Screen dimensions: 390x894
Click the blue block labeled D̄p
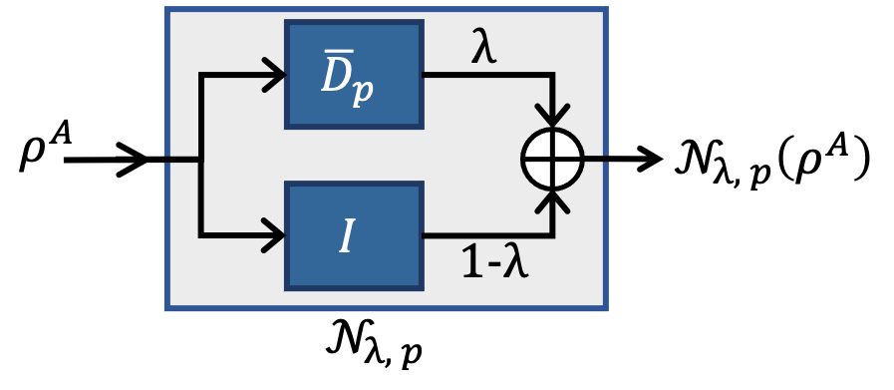(x=354, y=75)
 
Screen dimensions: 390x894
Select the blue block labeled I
(x=354, y=235)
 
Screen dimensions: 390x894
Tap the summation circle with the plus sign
(x=552, y=159)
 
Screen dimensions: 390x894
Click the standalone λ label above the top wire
(x=483, y=48)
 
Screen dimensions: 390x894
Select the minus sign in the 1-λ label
(x=492, y=264)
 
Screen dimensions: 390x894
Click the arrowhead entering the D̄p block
(x=275, y=75)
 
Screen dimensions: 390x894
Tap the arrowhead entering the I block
(x=275, y=235)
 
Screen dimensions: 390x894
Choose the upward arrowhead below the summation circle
(x=552, y=202)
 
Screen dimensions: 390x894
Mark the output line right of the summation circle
(x=595, y=159)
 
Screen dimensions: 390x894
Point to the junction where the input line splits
(x=201, y=159)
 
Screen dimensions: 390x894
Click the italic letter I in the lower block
(x=346, y=236)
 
